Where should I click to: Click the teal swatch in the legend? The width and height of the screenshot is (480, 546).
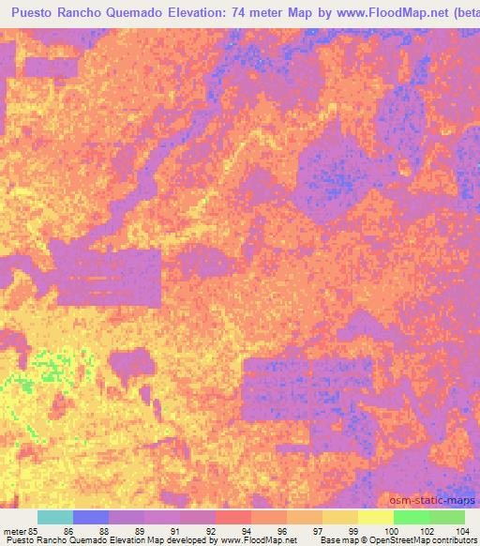tap(55, 517)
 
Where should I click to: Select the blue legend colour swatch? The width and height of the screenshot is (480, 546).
tap(91, 517)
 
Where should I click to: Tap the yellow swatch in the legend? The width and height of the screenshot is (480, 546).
tap(376, 517)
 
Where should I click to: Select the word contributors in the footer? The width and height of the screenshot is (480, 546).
tap(447, 541)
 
